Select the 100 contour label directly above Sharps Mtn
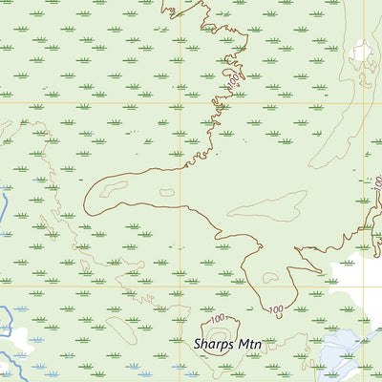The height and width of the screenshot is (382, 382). tap(219, 318)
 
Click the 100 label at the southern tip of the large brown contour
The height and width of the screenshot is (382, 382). tap(276, 310)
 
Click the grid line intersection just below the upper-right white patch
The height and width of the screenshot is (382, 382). tap(364, 102)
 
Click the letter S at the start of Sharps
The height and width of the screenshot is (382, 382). tap(198, 343)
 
